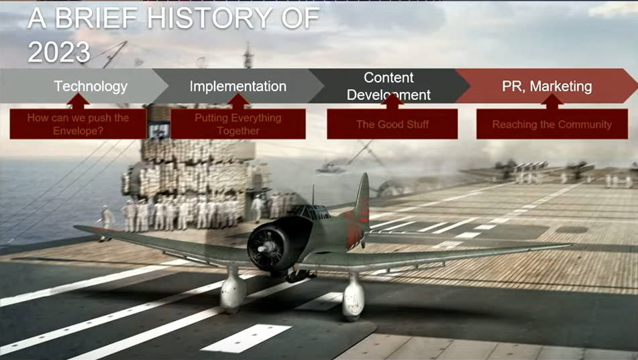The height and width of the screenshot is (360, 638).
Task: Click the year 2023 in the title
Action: [59, 52]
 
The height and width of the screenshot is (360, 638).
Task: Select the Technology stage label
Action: [91, 86]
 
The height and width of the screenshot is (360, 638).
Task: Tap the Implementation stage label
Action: [238, 86]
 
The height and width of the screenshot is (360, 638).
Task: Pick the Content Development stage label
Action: [388, 86]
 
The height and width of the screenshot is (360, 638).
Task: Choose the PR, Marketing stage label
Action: [547, 86]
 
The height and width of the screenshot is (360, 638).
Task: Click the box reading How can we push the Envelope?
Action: [78, 124]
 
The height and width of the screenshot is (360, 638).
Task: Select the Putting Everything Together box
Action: [238, 124]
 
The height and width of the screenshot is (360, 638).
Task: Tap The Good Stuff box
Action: [392, 124]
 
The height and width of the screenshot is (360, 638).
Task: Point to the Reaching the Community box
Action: [552, 124]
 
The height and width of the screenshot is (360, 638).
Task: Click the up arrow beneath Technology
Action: [78, 101]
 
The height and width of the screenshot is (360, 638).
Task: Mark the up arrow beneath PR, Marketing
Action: [552, 101]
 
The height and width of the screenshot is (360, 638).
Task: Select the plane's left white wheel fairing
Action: [233, 290]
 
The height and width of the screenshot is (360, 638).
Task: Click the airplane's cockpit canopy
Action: [309, 212]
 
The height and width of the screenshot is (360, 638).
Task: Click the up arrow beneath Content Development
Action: [392, 101]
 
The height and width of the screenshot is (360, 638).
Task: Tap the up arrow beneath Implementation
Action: [238, 101]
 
